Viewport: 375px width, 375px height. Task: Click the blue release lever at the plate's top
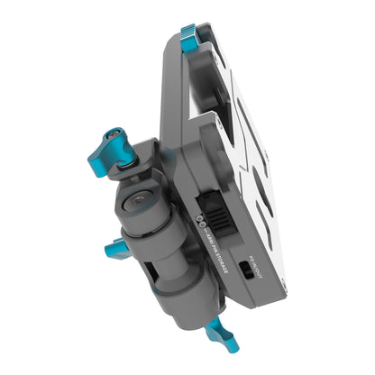click(190, 39)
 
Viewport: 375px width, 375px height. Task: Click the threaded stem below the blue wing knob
click(131, 160)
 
